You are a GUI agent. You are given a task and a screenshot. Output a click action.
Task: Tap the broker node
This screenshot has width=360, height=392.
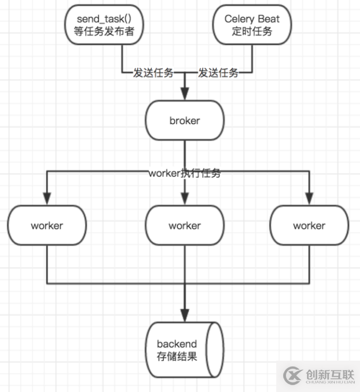[x=185, y=121]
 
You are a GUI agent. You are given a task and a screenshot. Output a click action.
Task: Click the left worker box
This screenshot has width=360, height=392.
[x=47, y=226]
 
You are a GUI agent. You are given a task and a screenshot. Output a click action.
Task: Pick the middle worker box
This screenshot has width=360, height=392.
[x=185, y=226]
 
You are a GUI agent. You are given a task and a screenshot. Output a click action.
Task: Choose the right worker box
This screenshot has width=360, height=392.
[x=309, y=226]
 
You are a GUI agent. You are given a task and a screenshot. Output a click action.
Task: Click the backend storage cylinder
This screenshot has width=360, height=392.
[x=185, y=350]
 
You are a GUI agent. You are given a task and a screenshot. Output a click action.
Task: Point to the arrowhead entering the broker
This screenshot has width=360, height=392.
[x=185, y=95]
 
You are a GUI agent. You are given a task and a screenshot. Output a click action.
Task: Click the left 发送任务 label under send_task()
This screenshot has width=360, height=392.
[x=153, y=73]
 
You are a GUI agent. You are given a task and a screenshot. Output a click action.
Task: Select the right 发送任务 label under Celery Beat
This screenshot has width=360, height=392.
[x=218, y=73]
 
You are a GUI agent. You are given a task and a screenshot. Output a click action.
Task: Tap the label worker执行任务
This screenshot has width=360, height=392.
[x=185, y=174]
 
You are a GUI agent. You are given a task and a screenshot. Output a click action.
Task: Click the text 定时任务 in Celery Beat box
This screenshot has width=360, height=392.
[x=252, y=32]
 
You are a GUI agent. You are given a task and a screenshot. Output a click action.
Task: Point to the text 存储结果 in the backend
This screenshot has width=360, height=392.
[x=177, y=357]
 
